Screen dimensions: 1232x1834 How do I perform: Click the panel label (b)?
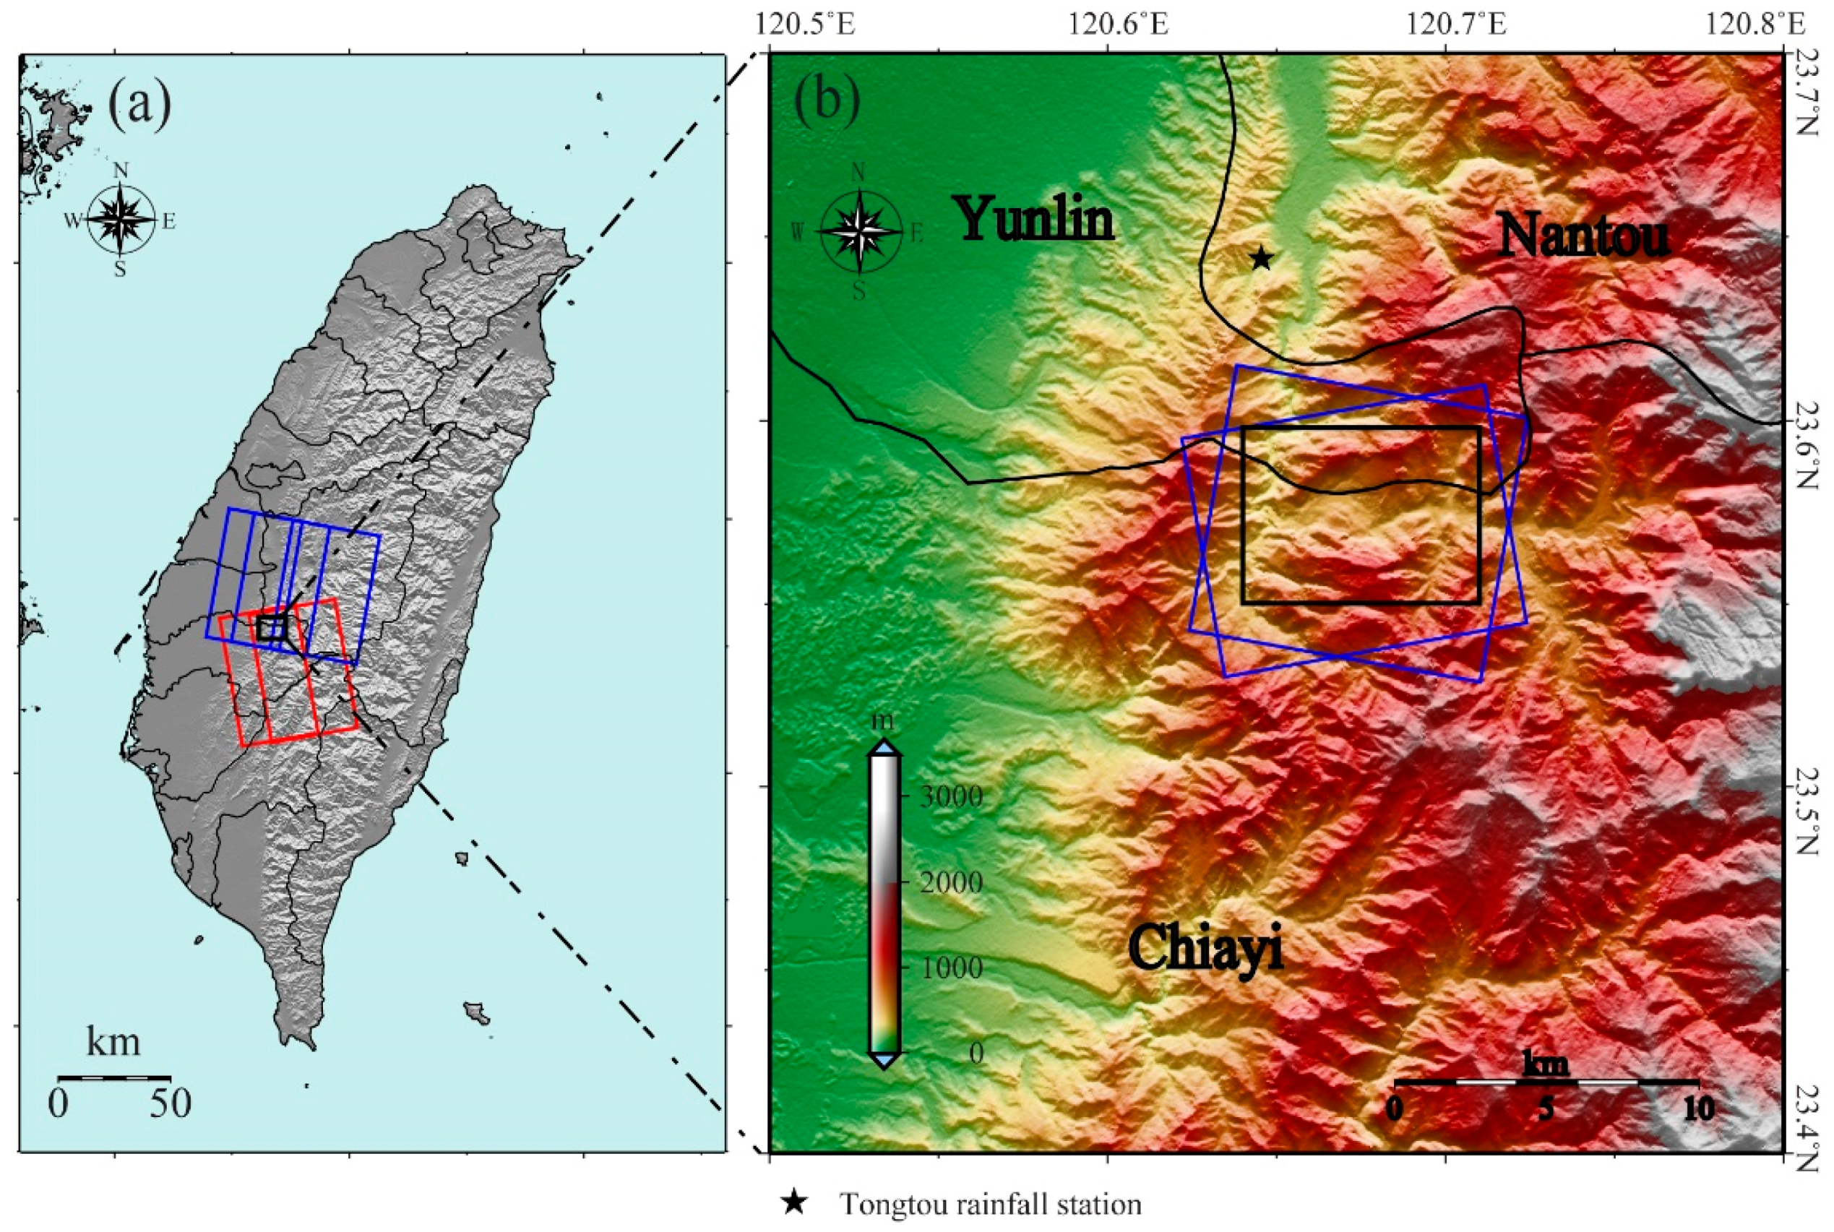coord(827,100)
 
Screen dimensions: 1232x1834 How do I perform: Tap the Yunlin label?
coord(1035,218)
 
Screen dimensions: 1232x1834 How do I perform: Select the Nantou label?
coord(1583,235)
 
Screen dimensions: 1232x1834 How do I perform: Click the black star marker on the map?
coord(1260,258)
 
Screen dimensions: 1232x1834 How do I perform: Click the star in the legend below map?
coord(795,1202)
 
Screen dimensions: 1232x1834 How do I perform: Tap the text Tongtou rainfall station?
coord(990,1204)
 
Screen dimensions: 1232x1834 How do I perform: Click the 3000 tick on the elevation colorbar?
coord(951,796)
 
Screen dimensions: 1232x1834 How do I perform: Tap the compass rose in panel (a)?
coord(120,220)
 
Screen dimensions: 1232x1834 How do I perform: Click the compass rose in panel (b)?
coord(860,232)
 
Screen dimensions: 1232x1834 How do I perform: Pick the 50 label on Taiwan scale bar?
coord(171,1104)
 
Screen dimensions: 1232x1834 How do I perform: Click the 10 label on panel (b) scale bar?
coord(1699,1108)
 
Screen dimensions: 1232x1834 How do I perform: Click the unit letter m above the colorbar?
coord(883,721)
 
